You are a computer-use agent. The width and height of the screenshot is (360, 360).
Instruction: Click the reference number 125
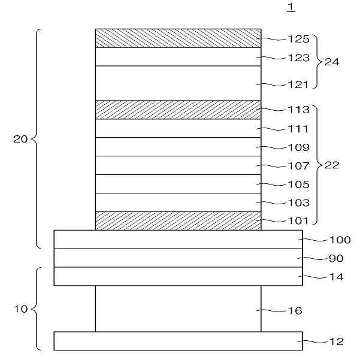(x=298, y=40)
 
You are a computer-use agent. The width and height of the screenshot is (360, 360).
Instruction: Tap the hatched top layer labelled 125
(x=178, y=38)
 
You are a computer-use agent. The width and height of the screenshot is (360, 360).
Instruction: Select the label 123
(x=298, y=58)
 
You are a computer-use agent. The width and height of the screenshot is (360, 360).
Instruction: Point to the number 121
(x=298, y=84)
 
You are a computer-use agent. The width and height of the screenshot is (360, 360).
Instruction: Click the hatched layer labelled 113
(x=178, y=110)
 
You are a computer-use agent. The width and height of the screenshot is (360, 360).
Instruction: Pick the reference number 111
(x=298, y=129)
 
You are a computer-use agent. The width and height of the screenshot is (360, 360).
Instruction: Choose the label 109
(x=298, y=147)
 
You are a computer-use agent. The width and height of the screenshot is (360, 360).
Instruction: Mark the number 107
(x=298, y=166)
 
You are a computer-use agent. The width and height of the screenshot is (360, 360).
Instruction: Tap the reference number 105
(x=298, y=184)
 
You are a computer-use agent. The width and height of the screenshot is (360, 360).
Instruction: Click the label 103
(x=298, y=203)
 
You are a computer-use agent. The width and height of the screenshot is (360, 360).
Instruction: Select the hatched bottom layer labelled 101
(x=178, y=220)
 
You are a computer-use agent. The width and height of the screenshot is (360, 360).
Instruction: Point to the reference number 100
(x=340, y=240)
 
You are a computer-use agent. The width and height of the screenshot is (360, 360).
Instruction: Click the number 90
(x=336, y=258)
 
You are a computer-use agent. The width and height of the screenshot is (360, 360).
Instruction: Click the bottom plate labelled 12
(x=178, y=340)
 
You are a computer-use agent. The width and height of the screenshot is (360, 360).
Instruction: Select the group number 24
(x=331, y=62)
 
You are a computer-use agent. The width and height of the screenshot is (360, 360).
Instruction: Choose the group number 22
(x=331, y=166)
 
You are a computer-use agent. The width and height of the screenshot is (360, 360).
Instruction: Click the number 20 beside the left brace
(x=21, y=139)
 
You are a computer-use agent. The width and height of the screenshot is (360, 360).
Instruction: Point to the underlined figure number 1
(x=291, y=7)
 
